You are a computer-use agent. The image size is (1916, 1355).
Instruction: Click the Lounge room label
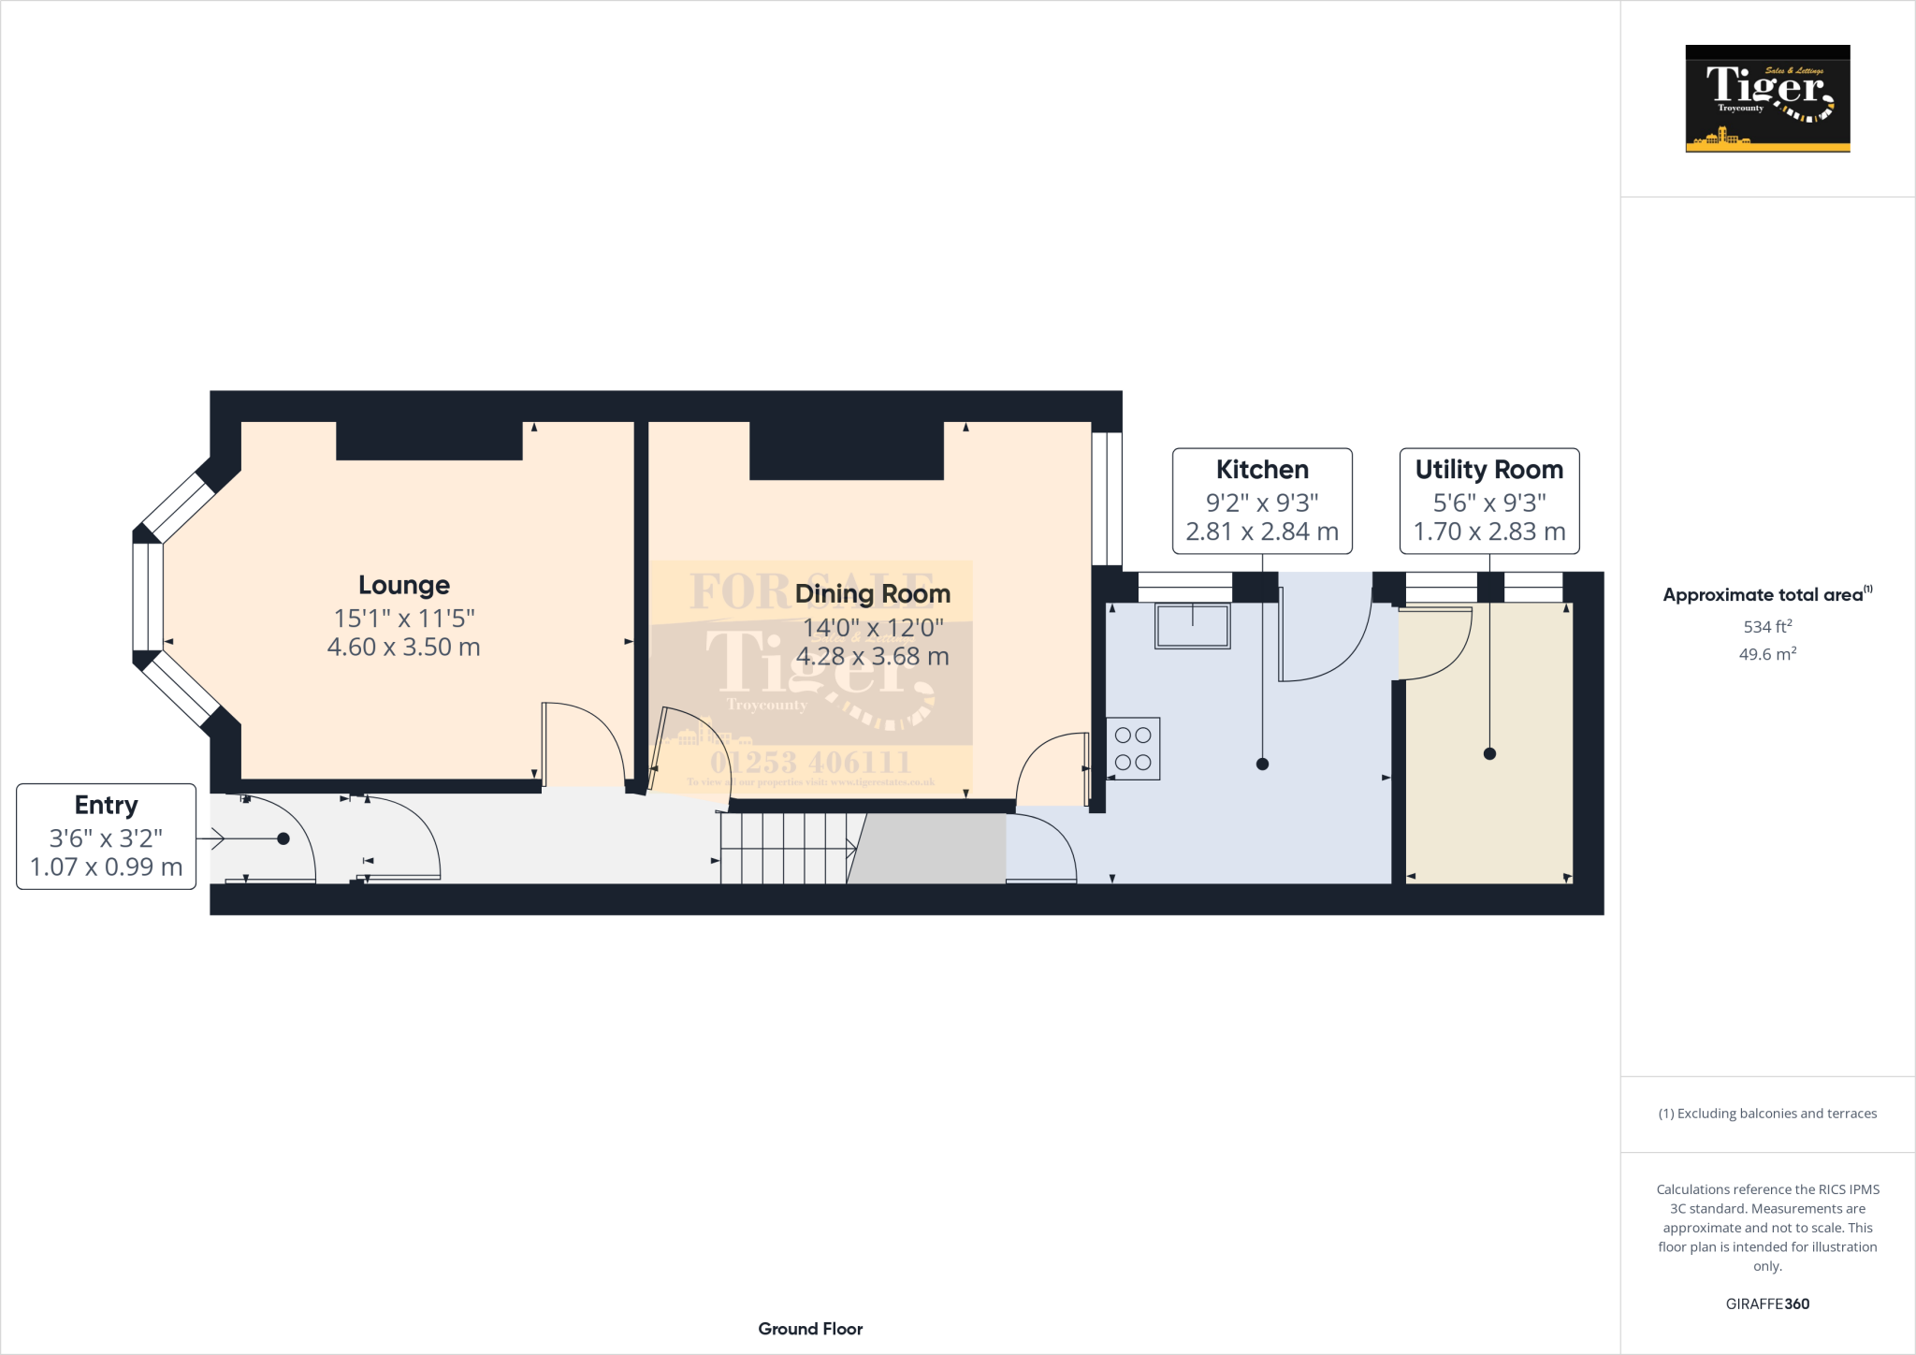[x=404, y=586]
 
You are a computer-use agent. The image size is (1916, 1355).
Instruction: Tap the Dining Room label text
[x=872, y=594]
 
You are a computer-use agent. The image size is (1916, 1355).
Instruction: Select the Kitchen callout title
[x=1262, y=470]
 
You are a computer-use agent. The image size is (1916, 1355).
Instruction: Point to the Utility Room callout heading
[x=1488, y=470]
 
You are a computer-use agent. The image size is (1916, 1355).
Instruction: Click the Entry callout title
[x=107, y=806]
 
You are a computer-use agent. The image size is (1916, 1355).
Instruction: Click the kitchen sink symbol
[x=1192, y=626]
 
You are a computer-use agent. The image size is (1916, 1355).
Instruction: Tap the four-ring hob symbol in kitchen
[x=1133, y=749]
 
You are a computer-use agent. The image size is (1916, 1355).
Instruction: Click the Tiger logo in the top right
[x=1767, y=98]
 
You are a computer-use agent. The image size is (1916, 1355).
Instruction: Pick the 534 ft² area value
[x=1767, y=626]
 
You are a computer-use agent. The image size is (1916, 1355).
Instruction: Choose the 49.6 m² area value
[x=1767, y=654]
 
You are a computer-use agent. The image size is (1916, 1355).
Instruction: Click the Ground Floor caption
[x=810, y=1329]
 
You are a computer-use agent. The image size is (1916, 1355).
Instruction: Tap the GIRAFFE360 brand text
[x=1767, y=1304]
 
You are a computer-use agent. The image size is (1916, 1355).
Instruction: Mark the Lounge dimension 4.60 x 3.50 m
[x=404, y=648]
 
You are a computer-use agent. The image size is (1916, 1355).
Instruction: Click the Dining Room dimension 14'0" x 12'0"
[x=873, y=628]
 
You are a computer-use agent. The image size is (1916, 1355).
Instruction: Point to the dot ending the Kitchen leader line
[x=1262, y=765]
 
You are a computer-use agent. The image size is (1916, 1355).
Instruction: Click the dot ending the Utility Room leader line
[x=1489, y=754]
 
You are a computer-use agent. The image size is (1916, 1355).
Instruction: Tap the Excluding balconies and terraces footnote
[x=1767, y=1114]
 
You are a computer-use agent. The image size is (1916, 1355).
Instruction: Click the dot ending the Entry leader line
[x=283, y=839]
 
